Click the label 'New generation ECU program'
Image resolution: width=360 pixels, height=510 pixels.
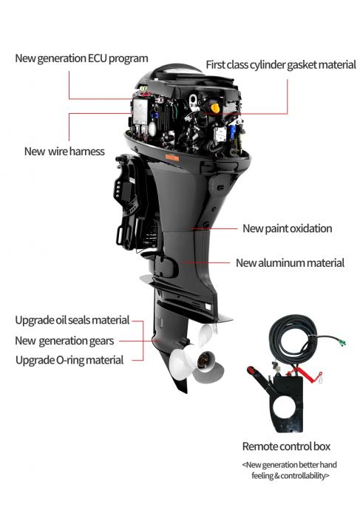(81, 58)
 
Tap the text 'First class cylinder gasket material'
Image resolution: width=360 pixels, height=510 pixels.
(281, 65)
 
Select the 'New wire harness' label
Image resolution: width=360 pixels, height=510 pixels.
(64, 152)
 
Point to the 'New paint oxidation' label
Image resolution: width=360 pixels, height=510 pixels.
(287, 228)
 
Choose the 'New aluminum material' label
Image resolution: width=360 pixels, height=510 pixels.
(290, 263)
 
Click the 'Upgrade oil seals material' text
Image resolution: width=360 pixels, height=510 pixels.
(72, 320)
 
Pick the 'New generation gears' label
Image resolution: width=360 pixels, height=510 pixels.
(64, 341)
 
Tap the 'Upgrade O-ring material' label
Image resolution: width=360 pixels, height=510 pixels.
(69, 360)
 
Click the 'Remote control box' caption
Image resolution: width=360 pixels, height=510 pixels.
(286, 446)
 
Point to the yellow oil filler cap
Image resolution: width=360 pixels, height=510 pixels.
(214, 107)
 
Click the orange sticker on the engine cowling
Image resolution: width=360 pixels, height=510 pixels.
(172, 157)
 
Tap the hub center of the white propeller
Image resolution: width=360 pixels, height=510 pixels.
(203, 360)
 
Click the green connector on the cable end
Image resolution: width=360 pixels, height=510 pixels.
(342, 341)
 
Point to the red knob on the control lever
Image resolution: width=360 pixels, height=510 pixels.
(251, 370)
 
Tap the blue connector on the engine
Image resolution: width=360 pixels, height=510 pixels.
(233, 132)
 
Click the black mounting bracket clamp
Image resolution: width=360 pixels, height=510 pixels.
(130, 202)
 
